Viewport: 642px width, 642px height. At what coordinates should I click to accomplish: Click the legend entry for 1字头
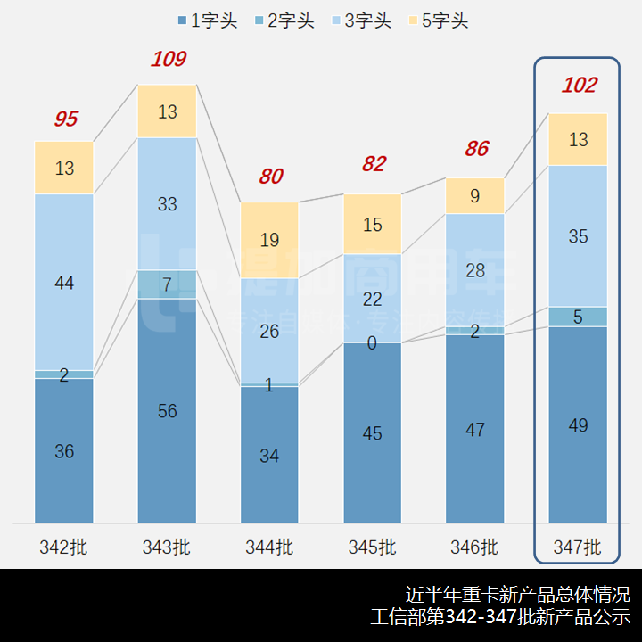click(207, 21)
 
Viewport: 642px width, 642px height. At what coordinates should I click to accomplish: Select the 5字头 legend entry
click(437, 21)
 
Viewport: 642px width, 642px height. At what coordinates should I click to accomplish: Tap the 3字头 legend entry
click(360, 21)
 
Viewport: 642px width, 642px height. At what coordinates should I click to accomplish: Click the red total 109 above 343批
click(168, 60)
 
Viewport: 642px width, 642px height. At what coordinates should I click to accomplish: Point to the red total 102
click(579, 86)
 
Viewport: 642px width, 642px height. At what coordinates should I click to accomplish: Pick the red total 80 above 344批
click(270, 177)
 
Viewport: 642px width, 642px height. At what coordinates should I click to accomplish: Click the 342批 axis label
click(64, 547)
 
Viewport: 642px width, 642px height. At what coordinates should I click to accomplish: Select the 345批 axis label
click(373, 547)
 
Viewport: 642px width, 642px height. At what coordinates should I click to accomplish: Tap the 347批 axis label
click(578, 547)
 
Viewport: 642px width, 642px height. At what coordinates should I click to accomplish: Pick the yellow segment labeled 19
click(270, 239)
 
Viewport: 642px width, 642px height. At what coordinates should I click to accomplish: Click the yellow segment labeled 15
click(373, 224)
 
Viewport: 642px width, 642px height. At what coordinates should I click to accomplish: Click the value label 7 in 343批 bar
click(167, 285)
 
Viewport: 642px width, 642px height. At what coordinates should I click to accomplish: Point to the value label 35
click(578, 237)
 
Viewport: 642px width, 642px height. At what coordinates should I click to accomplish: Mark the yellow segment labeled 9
click(475, 195)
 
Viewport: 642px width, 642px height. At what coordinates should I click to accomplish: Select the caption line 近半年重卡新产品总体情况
click(517, 594)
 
